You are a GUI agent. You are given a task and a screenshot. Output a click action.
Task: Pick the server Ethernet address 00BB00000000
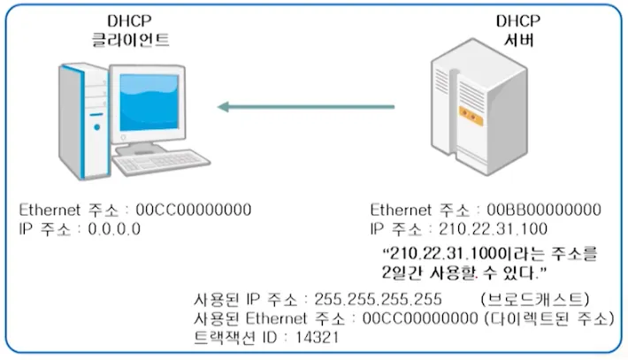542,211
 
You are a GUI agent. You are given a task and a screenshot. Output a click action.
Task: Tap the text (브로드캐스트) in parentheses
534,298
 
